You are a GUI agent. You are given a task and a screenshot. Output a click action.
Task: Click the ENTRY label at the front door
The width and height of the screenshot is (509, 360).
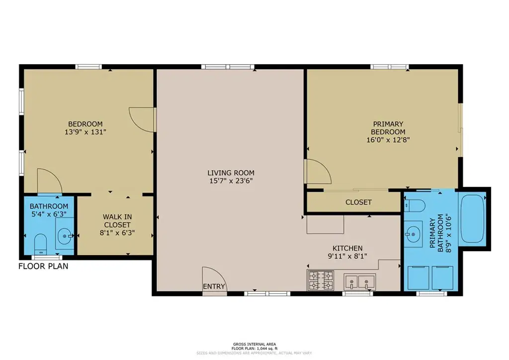[x=214, y=286]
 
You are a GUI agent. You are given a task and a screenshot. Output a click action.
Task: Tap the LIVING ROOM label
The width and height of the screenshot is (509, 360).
[x=231, y=173]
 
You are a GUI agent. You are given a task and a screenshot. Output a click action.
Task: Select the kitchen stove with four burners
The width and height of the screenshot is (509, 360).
[x=321, y=280]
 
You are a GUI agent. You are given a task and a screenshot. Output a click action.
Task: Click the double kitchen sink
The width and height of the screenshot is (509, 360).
[x=360, y=281]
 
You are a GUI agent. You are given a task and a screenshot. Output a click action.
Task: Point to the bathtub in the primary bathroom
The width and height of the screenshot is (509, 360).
[x=472, y=218]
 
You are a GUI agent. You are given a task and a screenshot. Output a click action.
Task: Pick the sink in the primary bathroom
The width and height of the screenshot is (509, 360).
[x=413, y=233]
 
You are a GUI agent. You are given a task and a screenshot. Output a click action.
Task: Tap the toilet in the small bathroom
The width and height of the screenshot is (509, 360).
[x=41, y=244]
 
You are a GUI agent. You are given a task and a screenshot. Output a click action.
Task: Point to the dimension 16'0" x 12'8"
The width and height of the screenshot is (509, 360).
[x=388, y=140]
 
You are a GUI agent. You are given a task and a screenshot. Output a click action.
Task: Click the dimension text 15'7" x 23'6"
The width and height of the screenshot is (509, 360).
[x=231, y=181]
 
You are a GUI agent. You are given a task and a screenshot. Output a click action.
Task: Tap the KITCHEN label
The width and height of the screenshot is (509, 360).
[x=347, y=248]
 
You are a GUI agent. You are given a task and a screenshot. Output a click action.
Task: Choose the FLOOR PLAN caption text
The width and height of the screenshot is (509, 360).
[x=43, y=266]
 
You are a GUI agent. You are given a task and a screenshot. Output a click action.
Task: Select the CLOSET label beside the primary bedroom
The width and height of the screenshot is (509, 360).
[x=358, y=202]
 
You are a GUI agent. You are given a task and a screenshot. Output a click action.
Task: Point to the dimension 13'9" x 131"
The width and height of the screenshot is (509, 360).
[x=85, y=132]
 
